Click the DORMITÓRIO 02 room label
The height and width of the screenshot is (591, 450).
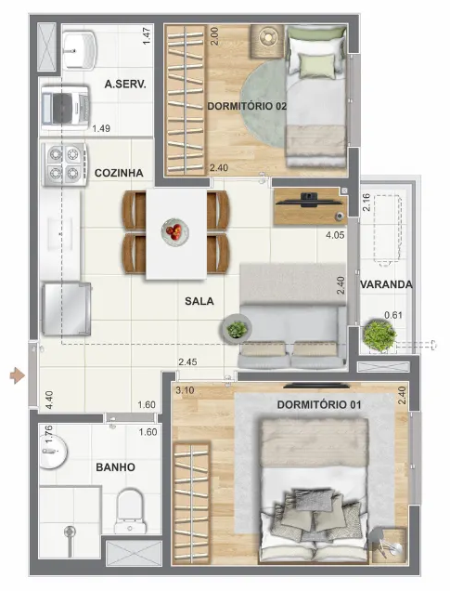coord(247,106)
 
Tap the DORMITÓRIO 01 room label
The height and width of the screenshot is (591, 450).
coord(319,405)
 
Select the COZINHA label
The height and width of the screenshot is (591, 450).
coord(119,173)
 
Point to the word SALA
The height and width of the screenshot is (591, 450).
coord(199,301)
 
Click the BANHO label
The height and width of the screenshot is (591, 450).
coord(116,466)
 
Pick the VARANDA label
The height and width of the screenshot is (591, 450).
coord(387,284)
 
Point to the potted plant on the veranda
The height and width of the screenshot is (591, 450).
coord(379,335)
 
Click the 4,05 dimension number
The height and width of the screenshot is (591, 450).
coord(335,236)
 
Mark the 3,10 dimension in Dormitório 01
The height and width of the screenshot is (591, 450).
coord(184,390)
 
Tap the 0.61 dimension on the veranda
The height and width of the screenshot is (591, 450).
coord(394,315)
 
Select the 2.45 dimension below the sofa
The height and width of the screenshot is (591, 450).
coord(189,361)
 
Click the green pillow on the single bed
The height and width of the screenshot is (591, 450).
coord(319,65)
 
